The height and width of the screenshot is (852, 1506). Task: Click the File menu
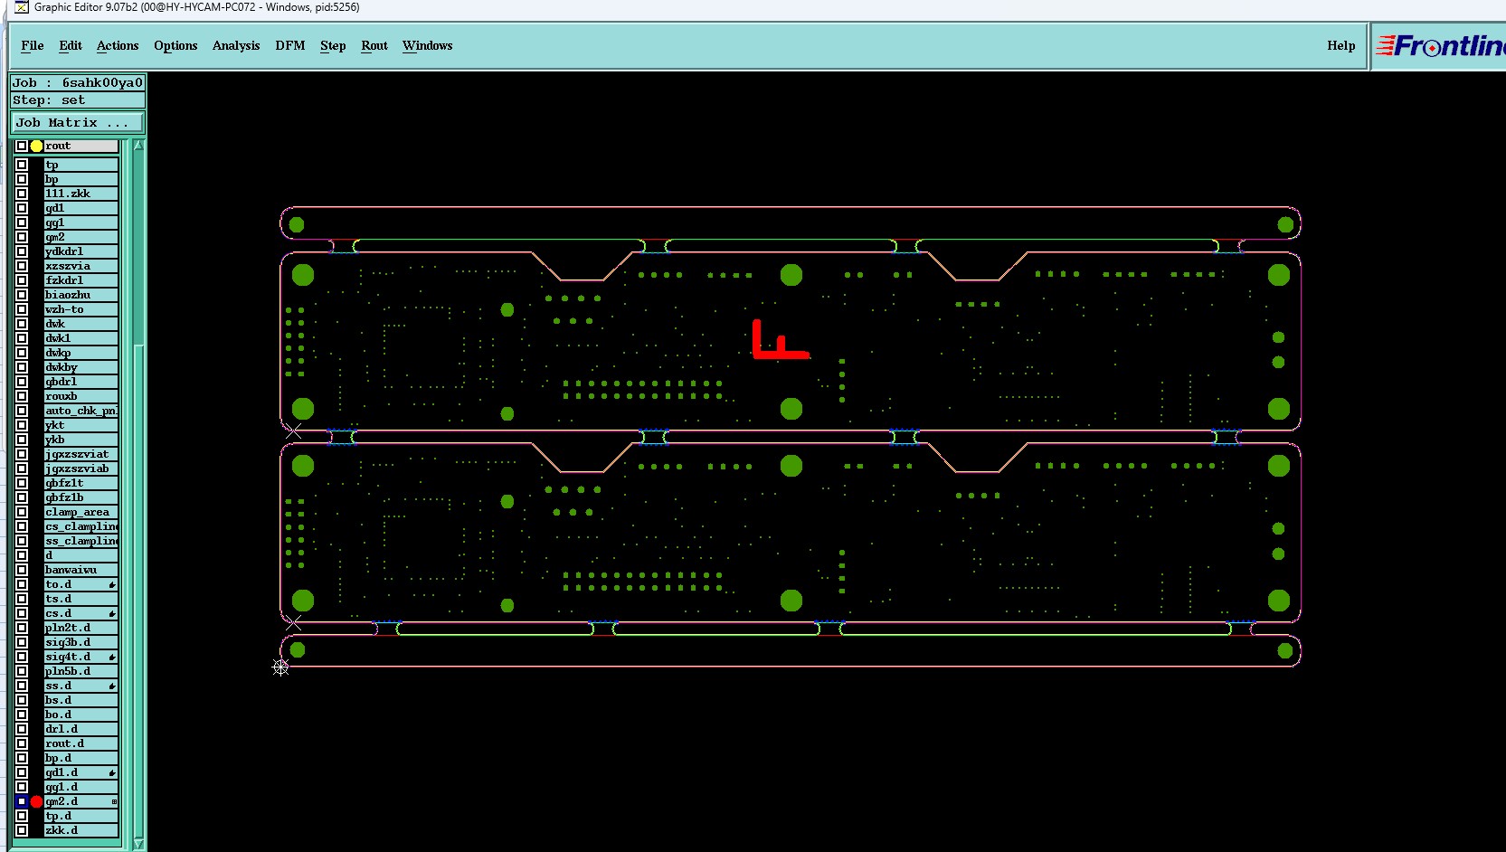tap(33, 46)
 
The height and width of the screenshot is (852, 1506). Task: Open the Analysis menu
tap(236, 46)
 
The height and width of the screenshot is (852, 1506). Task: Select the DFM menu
tap(290, 46)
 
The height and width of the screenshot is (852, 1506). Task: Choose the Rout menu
tap(374, 46)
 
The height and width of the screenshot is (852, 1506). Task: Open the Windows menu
tap(428, 46)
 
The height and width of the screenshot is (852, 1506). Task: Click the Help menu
tap(1340, 46)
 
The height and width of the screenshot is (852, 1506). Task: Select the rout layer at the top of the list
tap(81, 146)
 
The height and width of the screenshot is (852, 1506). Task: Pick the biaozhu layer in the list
tap(81, 295)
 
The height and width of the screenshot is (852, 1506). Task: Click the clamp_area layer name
tap(81, 512)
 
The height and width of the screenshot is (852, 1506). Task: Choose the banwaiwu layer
tap(81, 570)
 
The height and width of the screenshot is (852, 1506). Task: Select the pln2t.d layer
tap(81, 628)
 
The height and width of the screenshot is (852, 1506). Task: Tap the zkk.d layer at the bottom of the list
tap(81, 830)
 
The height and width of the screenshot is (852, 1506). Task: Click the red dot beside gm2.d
tap(36, 801)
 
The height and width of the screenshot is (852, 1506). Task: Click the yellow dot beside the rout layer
tap(36, 146)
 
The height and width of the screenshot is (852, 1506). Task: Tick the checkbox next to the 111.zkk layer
tap(22, 194)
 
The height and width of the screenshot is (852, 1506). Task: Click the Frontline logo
tap(1442, 46)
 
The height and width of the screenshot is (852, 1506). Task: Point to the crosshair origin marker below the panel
tap(280, 667)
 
